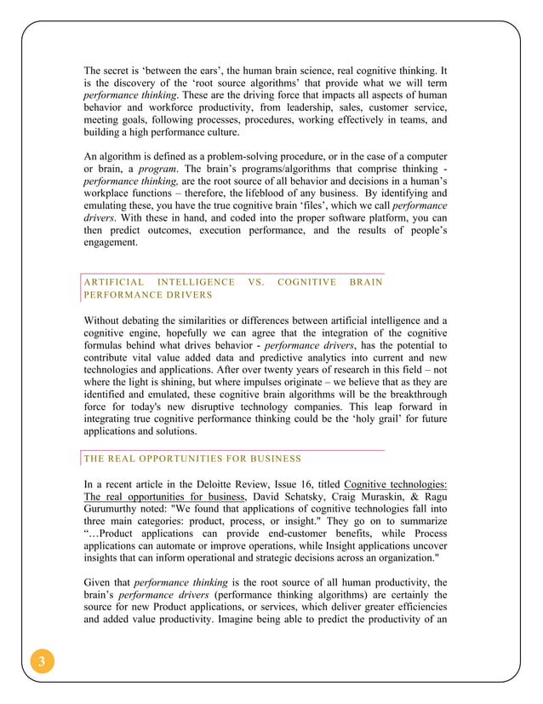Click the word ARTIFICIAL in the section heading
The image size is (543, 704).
coord(117,282)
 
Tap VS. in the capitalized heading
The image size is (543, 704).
coord(255,282)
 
